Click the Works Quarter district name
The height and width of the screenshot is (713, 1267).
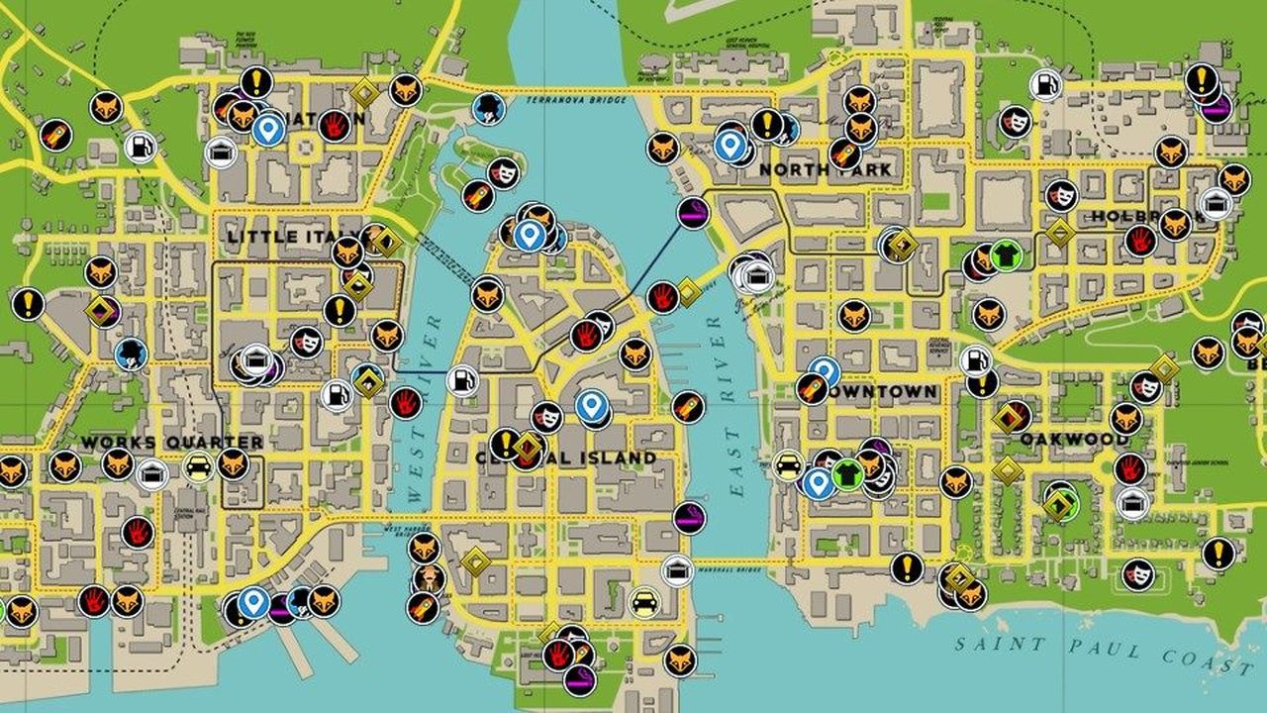172,442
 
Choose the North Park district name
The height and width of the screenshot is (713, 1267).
825,169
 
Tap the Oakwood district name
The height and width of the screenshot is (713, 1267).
1074,438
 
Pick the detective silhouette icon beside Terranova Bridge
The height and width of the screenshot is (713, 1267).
487,108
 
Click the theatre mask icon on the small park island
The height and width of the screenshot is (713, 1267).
505,173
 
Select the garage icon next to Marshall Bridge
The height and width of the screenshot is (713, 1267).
677,570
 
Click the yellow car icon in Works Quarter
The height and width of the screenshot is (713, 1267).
198,466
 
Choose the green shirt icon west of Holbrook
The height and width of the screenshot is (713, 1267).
1005,255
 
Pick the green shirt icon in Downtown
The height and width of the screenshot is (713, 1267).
847,474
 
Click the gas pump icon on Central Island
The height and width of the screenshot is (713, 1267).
462,379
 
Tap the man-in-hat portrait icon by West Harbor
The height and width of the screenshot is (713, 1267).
428,577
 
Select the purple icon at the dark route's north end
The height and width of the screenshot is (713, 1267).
692,212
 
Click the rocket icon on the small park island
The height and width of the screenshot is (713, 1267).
478,195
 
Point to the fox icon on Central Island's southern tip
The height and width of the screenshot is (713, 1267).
680,660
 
